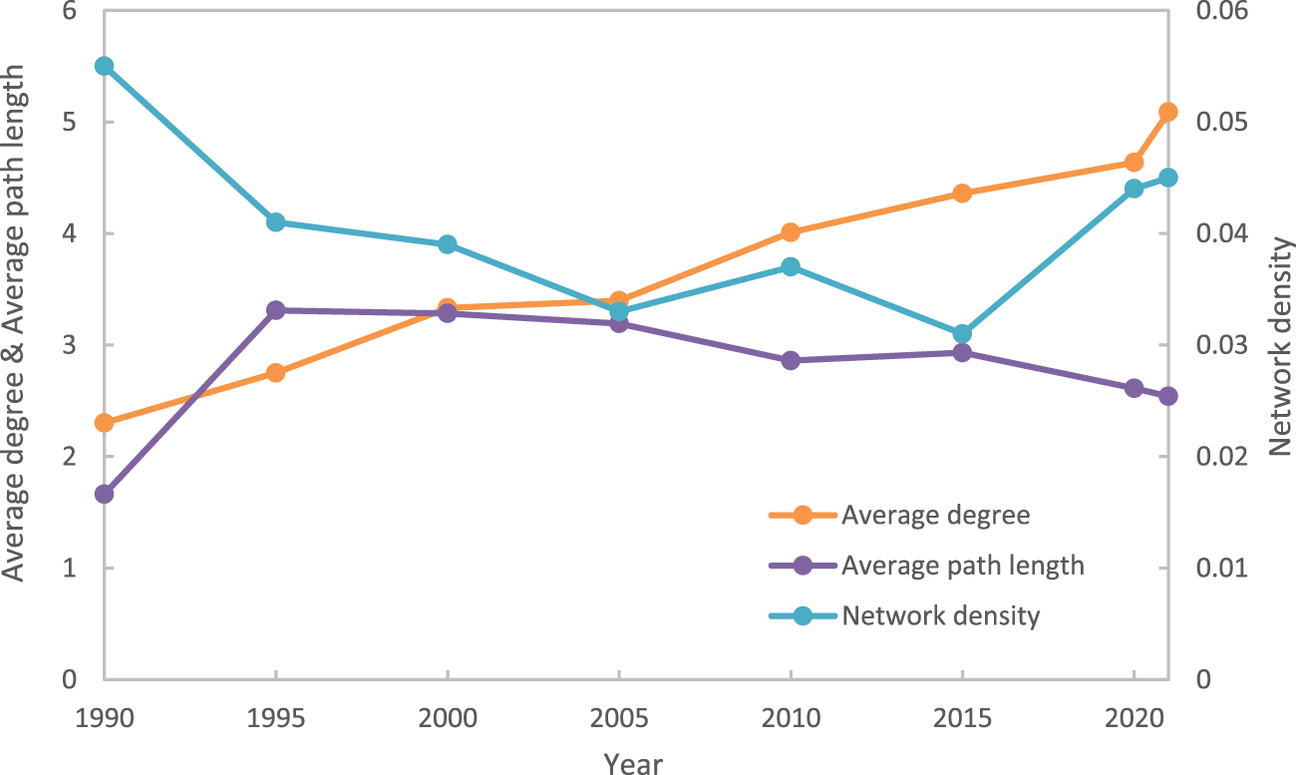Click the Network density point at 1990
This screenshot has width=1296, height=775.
(x=104, y=66)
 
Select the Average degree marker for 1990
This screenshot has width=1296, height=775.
(x=104, y=423)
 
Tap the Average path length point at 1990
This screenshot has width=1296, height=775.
(x=104, y=494)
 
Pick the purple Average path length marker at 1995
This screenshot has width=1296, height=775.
(x=276, y=310)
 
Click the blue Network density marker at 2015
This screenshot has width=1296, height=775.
(x=962, y=333)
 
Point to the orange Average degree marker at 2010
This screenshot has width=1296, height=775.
(x=791, y=232)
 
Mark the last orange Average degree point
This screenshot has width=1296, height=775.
(x=1168, y=112)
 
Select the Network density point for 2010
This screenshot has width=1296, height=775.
(x=791, y=266)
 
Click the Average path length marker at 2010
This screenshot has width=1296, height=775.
(x=791, y=360)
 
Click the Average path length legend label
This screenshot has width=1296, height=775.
(x=962, y=566)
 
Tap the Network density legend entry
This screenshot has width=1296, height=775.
(x=940, y=615)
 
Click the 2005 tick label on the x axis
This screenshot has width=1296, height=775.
(x=618, y=718)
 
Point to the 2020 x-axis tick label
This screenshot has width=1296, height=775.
(x=1134, y=718)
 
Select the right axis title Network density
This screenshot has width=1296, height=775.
(x=1279, y=347)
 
